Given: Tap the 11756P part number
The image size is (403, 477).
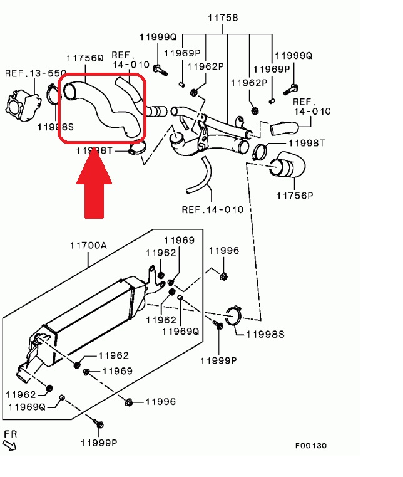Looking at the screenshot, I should point(295,195).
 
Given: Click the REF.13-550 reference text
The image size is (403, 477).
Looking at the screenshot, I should point(28,73).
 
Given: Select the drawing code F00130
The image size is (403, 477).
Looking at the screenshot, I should point(311,446).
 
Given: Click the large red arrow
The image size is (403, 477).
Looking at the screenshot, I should point(94,182).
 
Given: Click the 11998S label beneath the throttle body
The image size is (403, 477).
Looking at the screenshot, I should point(56,127).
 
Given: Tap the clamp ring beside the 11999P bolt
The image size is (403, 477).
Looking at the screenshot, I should point(233,317).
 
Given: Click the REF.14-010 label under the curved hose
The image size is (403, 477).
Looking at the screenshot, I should point(212,209).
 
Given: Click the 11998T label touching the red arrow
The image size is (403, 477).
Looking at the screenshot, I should point(94,151).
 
